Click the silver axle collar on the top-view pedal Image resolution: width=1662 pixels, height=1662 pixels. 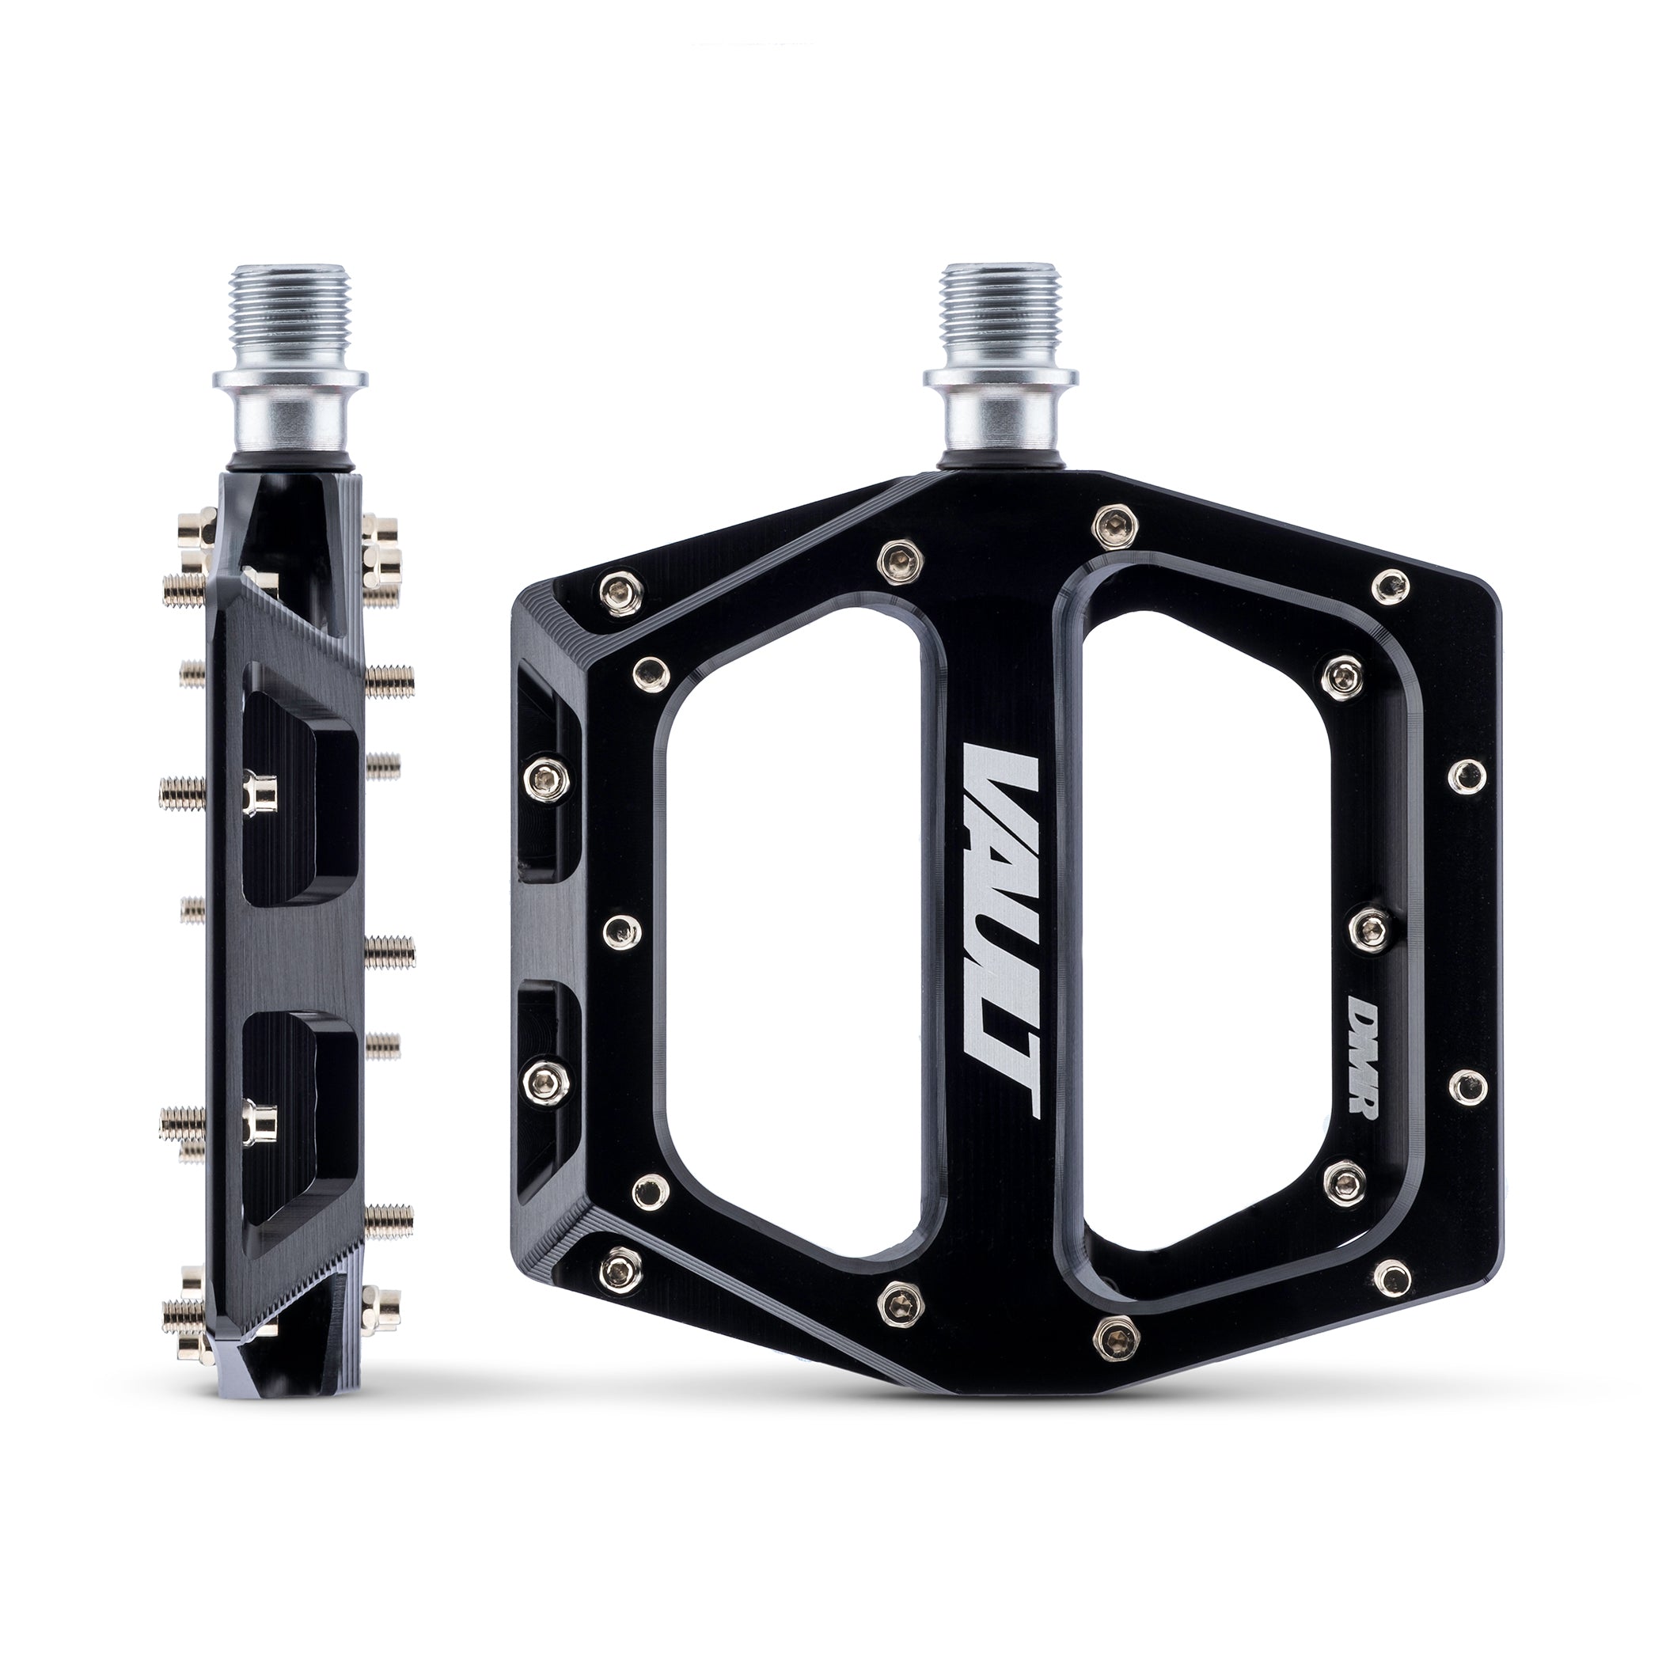1000,413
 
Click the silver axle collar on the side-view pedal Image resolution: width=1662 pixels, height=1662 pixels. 291,413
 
